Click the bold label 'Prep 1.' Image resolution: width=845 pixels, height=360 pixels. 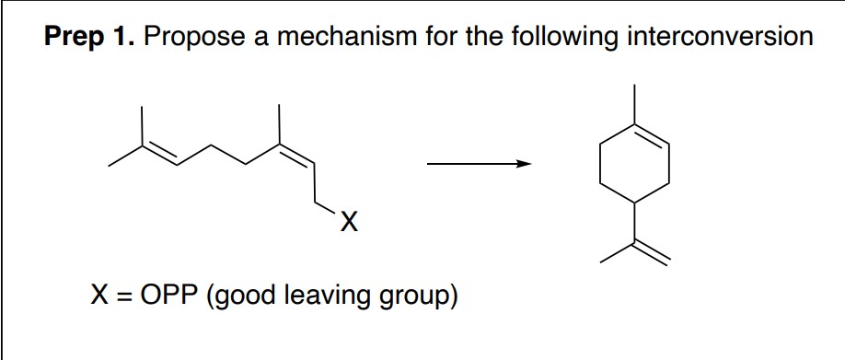coord(89,39)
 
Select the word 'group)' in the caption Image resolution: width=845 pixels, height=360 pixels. coord(418,296)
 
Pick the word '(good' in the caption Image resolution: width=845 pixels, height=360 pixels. coord(247,296)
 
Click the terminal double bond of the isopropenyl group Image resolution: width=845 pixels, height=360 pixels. coord(653,257)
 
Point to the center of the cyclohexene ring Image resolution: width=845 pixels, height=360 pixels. coord(634,166)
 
